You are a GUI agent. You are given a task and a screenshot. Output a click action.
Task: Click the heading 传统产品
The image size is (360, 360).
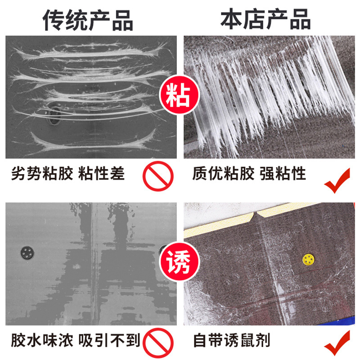pos(88,19)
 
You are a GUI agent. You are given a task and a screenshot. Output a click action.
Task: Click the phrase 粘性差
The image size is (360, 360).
pos(102,174)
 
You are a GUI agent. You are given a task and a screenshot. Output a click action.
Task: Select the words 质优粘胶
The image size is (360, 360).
pos(223,174)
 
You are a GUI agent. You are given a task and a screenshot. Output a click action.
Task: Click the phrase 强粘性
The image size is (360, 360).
pos(283,174)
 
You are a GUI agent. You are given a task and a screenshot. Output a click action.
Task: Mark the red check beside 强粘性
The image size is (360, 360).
pos(337,180)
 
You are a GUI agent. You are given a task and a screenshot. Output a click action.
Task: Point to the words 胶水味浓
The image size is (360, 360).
pos(42,340)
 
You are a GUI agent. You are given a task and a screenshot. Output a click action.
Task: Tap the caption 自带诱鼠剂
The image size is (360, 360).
pos(231,340)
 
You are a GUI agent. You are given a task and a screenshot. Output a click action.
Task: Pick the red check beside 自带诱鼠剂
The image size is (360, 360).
pos(337,344)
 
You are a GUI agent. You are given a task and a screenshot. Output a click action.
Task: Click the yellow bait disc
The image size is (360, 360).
pos(308,259)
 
